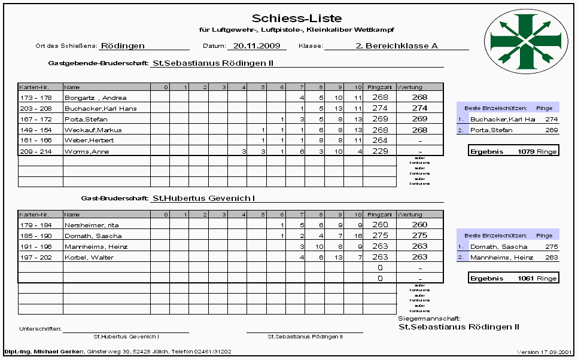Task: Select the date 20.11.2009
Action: [x=257, y=45]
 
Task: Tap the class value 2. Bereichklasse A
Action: [x=396, y=45]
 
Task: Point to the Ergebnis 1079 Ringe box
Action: [x=513, y=151]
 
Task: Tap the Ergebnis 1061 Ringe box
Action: [x=513, y=278]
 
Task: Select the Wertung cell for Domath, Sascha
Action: [x=419, y=236]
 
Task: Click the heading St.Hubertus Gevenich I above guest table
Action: [x=204, y=197]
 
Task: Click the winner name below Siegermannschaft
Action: [x=458, y=327]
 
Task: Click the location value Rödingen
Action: [x=123, y=45]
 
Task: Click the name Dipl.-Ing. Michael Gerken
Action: [x=45, y=352]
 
